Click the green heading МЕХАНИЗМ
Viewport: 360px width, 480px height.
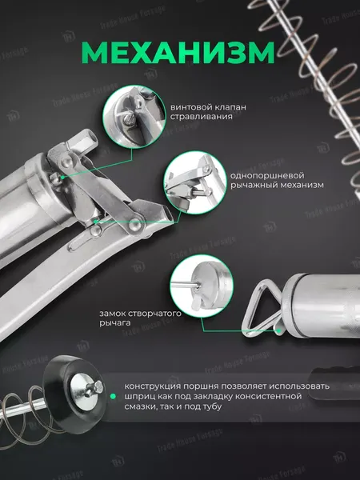pyautogui.click(x=178, y=52)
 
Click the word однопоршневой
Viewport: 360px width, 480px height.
pyautogui.click(x=267, y=176)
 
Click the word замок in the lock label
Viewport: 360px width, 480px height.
pyautogui.click(x=112, y=314)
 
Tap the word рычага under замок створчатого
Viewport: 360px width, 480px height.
pyautogui.click(x=111, y=323)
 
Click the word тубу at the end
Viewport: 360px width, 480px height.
pyautogui.click(x=211, y=407)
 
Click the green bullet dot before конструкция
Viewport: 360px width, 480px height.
pyautogui.click(x=113, y=397)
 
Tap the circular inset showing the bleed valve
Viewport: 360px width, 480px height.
pyautogui.click(x=134, y=116)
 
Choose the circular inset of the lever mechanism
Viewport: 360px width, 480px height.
pyautogui.click(x=195, y=182)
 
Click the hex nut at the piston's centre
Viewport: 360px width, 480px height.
pyautogui.click(x=98, y=387)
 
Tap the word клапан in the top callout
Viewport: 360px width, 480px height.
pyautogui.click(x=226, y=107)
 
